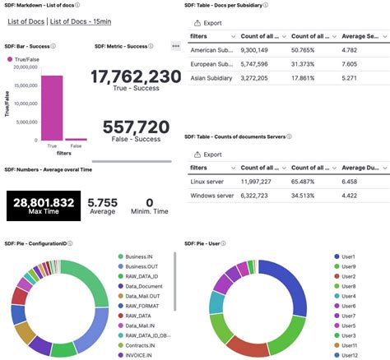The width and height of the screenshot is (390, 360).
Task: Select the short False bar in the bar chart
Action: click(76, 139)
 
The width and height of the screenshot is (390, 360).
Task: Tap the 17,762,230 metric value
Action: click(136, 77)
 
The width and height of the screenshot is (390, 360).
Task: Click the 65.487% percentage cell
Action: click(306, 180)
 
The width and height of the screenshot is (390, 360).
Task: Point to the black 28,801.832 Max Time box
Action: click(43, 205)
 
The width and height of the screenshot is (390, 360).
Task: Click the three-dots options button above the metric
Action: click(175, 45)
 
